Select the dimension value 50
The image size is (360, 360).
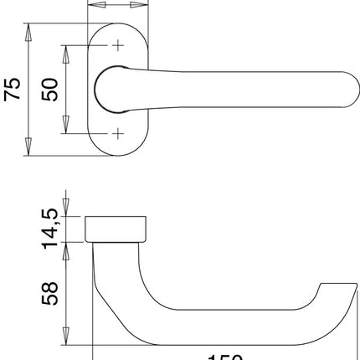(51, 90)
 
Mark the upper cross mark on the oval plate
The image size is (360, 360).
(118, 45)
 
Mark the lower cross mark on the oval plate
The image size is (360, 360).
(118, 133)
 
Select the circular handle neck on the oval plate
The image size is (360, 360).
(113, 89)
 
